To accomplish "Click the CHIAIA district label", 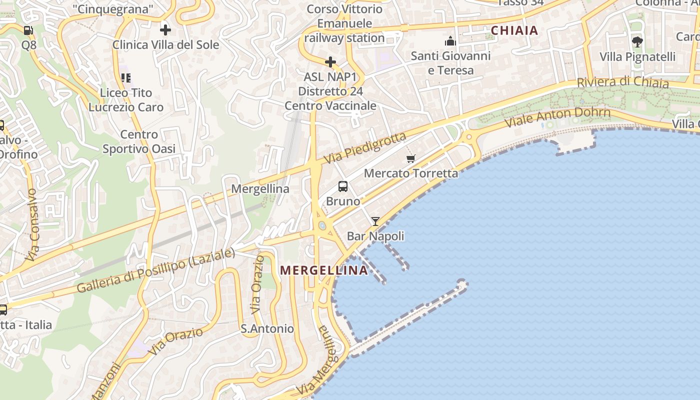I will [514, 30].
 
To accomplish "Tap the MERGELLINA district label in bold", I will [323, 270].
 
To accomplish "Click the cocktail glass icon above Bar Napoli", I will [375, 221].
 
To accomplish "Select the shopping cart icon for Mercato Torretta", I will [411, 159].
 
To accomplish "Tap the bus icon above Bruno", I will [343, 186].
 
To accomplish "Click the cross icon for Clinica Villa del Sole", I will [165, 29].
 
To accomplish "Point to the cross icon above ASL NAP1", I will [330, 62].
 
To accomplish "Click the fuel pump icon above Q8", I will [28, 30].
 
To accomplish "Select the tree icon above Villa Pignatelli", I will [637, 41].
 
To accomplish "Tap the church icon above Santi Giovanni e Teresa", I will [450, 41].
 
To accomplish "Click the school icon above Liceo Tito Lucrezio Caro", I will [125, 77].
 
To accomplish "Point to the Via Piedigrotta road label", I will [364, 148].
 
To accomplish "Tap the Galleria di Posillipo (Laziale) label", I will [155, 270].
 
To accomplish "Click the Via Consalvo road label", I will [32, 225].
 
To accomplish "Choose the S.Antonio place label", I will [267, 328].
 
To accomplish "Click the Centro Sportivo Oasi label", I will [139, 141].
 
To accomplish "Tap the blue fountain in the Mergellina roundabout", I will [322, 226].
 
